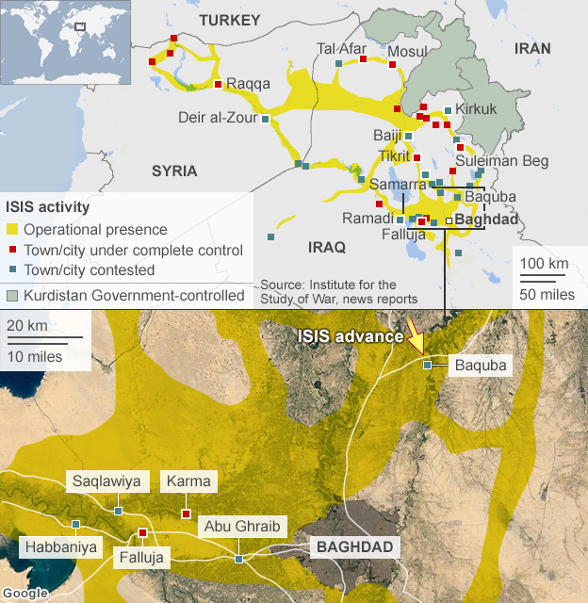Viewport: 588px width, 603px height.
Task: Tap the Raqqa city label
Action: (x=249, y=84)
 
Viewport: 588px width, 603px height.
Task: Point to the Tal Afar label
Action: (x=340, y=48)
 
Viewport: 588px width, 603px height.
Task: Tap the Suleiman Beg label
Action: (x=501, y=161)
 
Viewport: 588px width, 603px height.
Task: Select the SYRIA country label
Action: (x=174, y=171)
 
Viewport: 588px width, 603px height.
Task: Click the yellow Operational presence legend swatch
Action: (x=12, y=230)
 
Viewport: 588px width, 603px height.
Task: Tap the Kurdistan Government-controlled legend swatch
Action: (x=12, y=296)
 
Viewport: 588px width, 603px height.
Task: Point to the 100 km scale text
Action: (x=544, y=261)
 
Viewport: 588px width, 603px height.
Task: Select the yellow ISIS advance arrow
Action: (x=414, y=334)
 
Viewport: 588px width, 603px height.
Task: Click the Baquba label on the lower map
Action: (x=481, y=364)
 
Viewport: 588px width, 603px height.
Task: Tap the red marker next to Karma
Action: (x=186, y=513)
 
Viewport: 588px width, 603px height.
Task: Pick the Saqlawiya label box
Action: (x=106, y=481)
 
